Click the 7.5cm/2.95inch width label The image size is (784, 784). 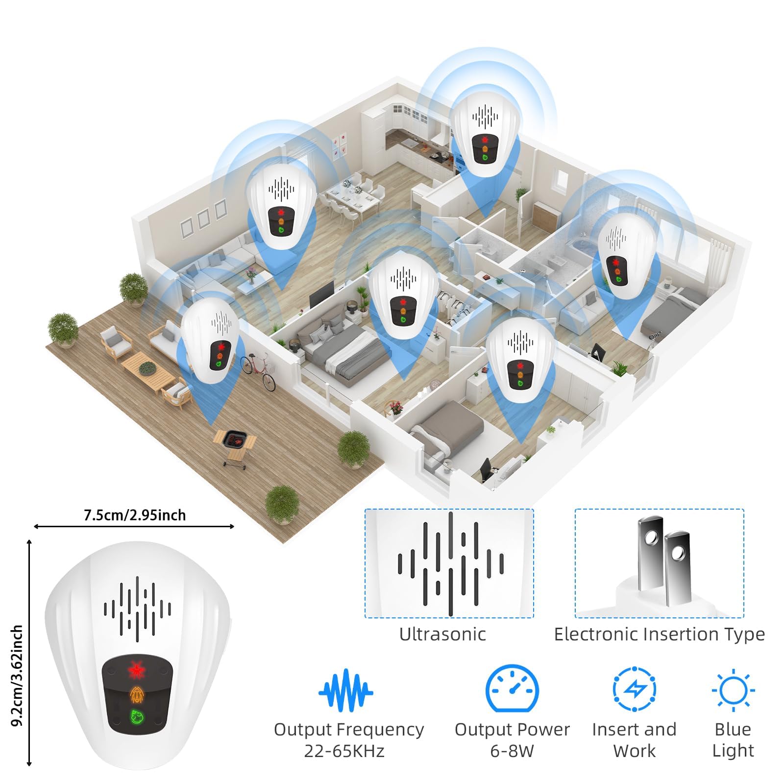click(x=135, y=515)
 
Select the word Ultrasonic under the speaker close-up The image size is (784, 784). click(x=442, y=634)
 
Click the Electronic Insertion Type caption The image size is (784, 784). click(x=659, y=634)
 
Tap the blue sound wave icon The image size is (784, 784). click(x=346, y=690)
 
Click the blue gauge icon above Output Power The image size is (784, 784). click(x=512, y=688)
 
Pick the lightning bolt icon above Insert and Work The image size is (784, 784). click(x=635, y=688)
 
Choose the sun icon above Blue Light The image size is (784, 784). click(x=733, y=690)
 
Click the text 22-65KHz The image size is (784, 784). click(x=344, y=751)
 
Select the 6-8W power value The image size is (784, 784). click(x=512, y=751)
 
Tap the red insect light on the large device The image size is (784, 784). click(x=137, y=670)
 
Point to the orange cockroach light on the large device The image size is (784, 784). click(x=137, y=695)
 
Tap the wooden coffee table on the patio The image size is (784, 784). click(x=147, y=370)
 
